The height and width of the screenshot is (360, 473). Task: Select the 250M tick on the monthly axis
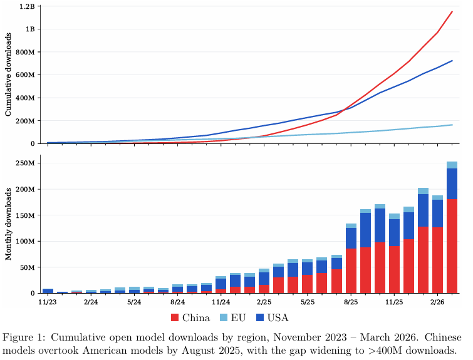point(28,163)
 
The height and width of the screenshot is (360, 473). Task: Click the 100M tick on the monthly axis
point(28,241)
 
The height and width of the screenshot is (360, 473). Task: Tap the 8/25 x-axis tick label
point(351,302)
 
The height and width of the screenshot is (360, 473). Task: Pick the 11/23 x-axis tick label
point(48,302)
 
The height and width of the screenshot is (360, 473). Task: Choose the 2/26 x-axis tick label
point(438,302)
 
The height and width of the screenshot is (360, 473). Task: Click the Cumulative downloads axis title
point(8,75)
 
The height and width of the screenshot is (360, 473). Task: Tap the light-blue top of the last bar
point(452,165)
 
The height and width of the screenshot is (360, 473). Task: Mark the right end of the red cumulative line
point(452,12)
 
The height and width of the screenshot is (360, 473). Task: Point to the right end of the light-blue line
point(452,125)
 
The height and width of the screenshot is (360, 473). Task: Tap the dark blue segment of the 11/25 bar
point(394,232)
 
